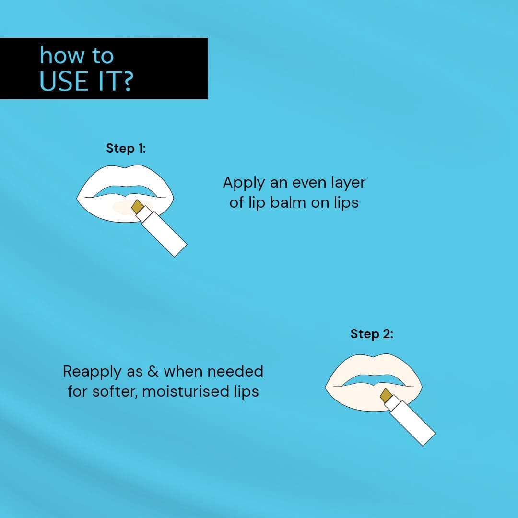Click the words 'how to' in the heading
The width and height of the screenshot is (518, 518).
[77, 56]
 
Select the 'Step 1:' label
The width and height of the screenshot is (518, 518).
[126, 148]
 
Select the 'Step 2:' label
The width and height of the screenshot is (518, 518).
[372, 334]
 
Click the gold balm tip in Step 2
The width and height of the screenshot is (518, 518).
[386, 396]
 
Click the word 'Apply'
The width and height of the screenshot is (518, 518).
[243, 183]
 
